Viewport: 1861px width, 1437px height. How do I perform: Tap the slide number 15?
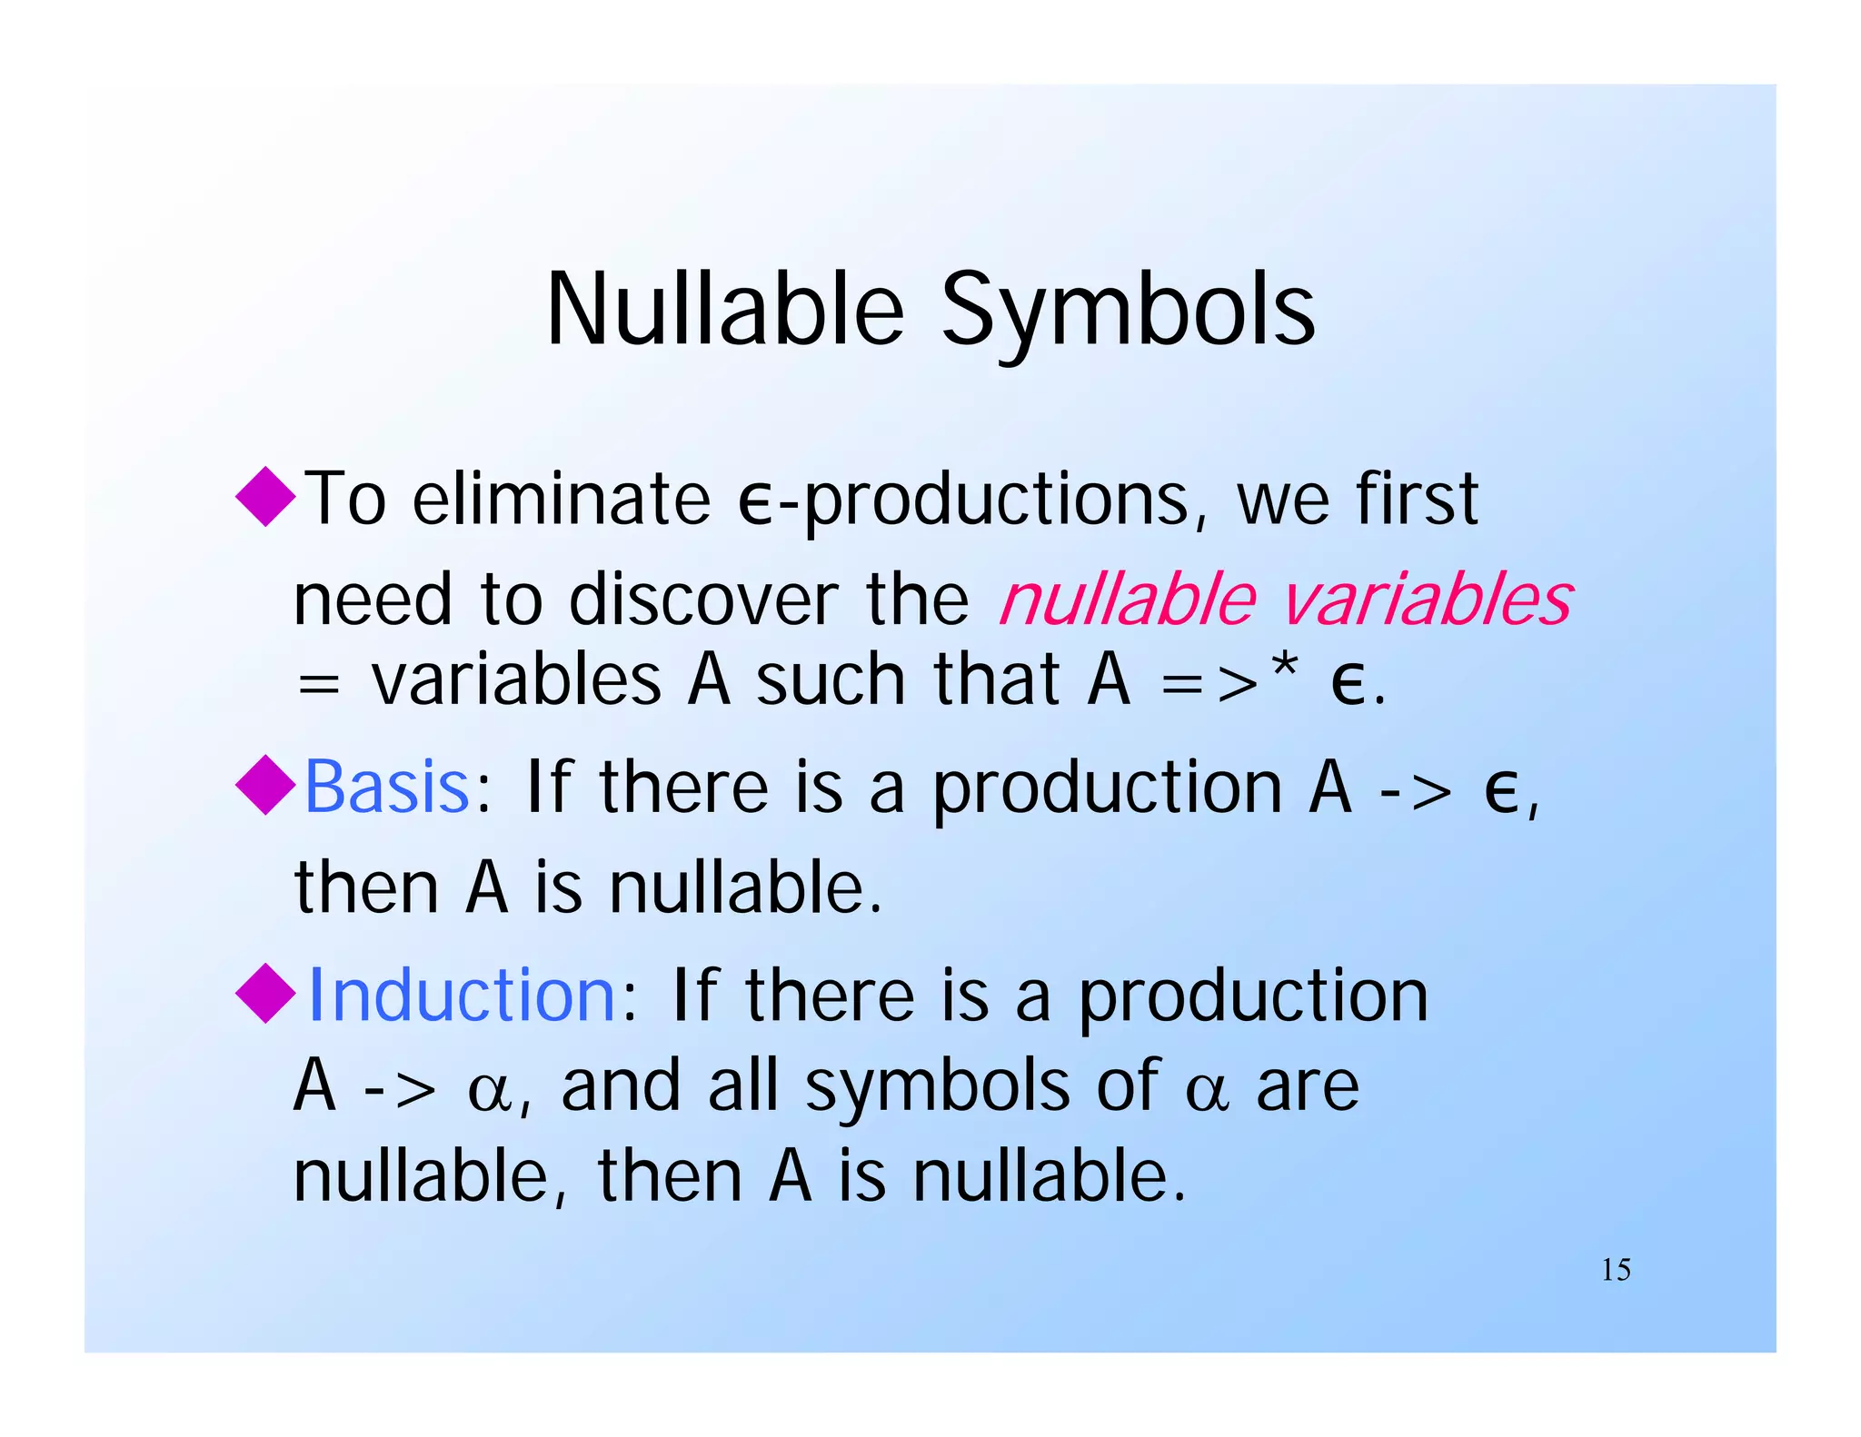pyautogui.click(x=1616, y=1269)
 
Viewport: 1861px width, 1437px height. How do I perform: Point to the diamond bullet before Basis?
pyautogui.click(x=265, y=785)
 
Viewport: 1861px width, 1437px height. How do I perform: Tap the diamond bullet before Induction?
pyautogui.click(x=265, y=993)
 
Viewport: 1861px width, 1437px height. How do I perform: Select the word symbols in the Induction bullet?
pyautogui.click(x=937, y=1088)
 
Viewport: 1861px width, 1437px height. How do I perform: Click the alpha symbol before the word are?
pyautogui.click(x=1208, y=1091)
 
